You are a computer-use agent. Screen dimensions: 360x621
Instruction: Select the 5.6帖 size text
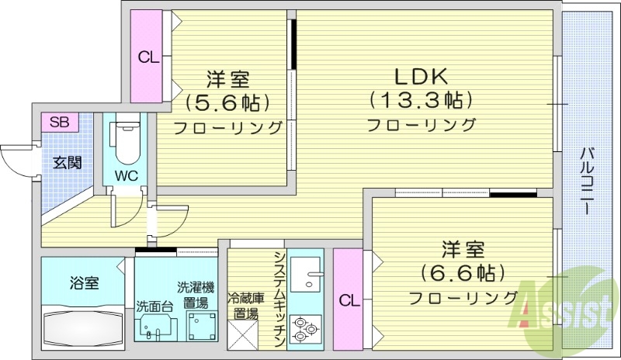point(227,102)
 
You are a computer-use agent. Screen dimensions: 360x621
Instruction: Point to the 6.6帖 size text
point(463,273)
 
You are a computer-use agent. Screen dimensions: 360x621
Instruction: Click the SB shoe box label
point(59,122)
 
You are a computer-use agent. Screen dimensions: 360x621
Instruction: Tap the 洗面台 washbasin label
point(154,305)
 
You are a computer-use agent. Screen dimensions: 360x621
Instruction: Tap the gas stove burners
point(304,331)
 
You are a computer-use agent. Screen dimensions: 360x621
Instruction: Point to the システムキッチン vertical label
point(279,296)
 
